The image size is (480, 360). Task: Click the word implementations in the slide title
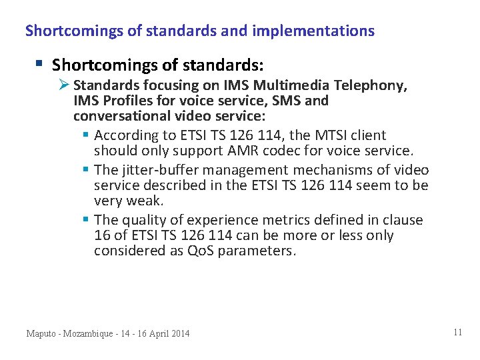[322, 31]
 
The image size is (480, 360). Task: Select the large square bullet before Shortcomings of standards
[39, 64]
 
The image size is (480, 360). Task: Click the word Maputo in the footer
[43, 333]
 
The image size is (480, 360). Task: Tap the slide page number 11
[457, 332]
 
